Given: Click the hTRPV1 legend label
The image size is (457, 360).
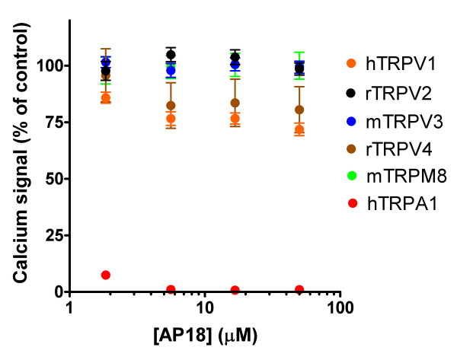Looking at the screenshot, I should (x=405, y=66).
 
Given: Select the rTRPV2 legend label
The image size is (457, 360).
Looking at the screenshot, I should (x=405, y=94).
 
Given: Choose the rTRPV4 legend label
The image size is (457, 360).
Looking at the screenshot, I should (x=405, y=148).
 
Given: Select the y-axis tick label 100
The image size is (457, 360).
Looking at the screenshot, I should (x=46, y=66).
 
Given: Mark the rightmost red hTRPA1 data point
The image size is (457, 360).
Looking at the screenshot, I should (x=300, y=290).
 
